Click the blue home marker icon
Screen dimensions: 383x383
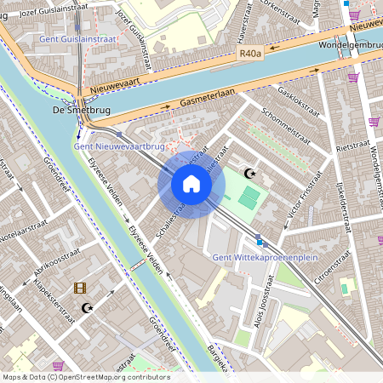coord(191,184)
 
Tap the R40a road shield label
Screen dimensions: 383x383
coord(249,53)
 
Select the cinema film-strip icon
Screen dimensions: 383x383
coord(80,289)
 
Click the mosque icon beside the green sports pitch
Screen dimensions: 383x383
coord(249,174)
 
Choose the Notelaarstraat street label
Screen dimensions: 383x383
coord(26,231)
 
